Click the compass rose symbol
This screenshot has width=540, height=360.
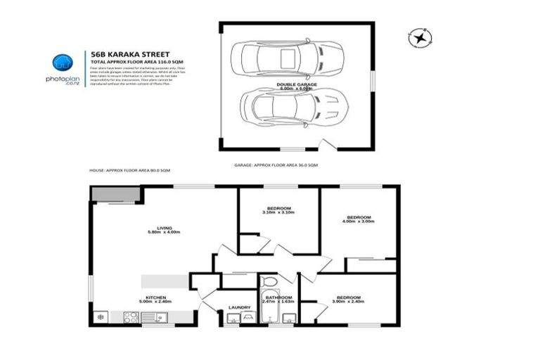pyautogui.click(x=420, y=37)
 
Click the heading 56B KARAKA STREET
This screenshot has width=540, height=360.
pyautogui.click(x=120, y=52)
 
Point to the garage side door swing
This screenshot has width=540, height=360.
pyautogui.click(x=326, y=146)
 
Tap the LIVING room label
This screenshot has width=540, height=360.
pyautogui.click(x=164, y=229)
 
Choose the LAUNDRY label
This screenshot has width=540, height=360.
pyautogui.click(x=239, y=307)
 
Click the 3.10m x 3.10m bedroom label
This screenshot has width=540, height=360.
pyautogui.click(x=278, y=210)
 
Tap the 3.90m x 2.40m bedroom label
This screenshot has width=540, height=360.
pyautogui.click(x=349, y=299)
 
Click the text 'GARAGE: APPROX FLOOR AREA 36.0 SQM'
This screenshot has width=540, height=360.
pyautogui.click(x=276, y=165)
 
